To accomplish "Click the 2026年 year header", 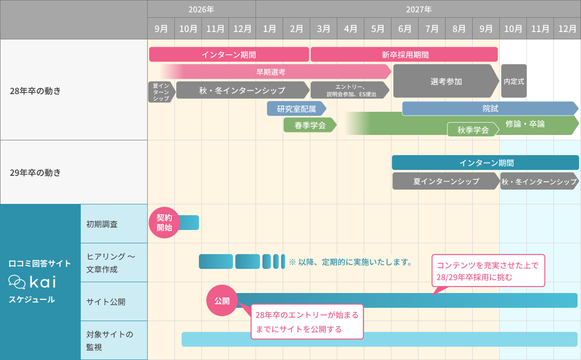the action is coord(201,9).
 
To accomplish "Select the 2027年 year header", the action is coord(419,9).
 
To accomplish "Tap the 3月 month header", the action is coord(323,29).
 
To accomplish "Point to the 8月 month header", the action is coord(459,29).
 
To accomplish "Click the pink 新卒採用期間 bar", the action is coord(404,55).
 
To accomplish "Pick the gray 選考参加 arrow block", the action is coord(446,81).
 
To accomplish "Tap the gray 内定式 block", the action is coord(514,81).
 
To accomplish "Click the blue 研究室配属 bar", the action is coord(296,109).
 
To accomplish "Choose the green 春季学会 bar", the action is coord(310,125).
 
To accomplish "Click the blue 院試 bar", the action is coord(490,109).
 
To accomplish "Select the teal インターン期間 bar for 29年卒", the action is coord(485,163).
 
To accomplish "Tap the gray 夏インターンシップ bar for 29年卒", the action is coord(446,181).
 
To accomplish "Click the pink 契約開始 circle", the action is coord(164,223).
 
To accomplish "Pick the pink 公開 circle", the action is coord(222,301).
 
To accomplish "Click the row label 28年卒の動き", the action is coord(35,91).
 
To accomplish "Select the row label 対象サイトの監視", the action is coord(110,340).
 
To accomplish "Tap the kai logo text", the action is coord(43,282).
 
